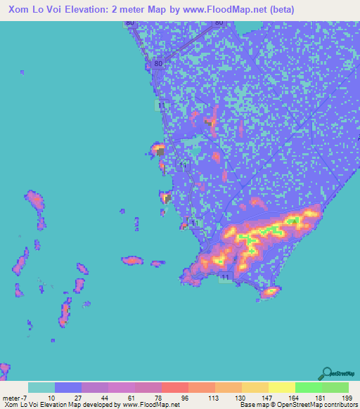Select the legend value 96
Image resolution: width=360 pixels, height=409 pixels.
184,397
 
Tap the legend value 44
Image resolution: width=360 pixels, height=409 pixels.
105,397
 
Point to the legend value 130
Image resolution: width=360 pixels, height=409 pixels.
238,397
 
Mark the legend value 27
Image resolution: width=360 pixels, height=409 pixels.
79,397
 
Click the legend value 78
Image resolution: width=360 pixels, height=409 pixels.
157,397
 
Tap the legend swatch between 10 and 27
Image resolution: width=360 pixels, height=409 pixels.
68,387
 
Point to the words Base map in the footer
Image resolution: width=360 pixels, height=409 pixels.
252,405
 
